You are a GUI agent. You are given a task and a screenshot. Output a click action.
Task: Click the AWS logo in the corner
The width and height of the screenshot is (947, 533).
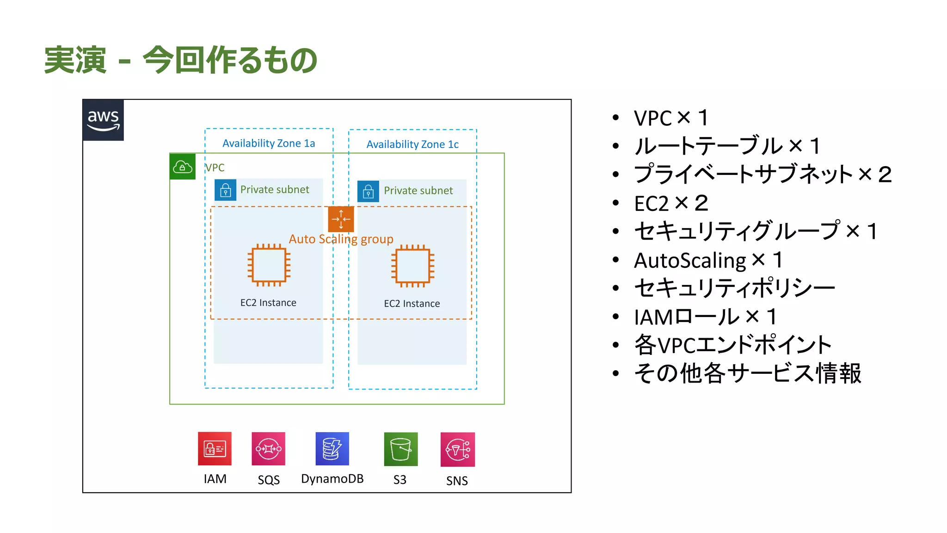(103, 120)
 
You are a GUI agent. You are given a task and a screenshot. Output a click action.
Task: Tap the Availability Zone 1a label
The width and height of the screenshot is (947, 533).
(269, 143)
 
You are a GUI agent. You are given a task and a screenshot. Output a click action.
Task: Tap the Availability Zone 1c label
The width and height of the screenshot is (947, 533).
(412, 144)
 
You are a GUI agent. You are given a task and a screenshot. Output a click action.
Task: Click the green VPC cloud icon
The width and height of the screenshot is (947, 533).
(182, 167)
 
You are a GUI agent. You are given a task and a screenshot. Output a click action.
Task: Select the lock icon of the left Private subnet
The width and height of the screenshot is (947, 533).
(225, 190)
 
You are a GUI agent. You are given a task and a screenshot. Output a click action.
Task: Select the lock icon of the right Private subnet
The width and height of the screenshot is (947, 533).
(368, 191)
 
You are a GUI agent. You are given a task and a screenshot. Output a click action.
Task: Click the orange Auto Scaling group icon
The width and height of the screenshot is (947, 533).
(341, 219)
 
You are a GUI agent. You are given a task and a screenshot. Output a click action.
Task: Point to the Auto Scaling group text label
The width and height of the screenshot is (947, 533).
(341, 239)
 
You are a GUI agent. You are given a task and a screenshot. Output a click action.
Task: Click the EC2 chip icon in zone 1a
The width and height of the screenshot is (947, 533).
(269, 265)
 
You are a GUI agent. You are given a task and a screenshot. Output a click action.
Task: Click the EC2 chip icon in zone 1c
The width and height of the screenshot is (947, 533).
(412, 266)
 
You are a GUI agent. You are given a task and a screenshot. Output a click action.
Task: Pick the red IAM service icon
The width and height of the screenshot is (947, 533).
(215, 448)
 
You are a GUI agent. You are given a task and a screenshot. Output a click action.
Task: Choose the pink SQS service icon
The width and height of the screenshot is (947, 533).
(268, 448)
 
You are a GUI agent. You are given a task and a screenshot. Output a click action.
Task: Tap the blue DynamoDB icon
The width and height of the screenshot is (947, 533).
(332, 448)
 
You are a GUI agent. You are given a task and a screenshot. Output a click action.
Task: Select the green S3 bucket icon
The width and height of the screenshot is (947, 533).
(400, 449)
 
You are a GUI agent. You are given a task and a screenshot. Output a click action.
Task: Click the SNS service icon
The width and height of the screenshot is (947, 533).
(457, 449)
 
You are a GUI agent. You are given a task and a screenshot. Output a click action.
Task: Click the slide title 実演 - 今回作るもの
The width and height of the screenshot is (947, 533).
(180, 60)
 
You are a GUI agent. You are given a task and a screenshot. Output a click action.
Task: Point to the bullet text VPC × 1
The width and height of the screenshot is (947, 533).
(670, 118)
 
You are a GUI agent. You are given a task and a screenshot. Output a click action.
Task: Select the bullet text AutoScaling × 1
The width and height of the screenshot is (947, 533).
(707, 260)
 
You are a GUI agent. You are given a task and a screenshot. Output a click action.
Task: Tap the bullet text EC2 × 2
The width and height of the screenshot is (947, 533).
(670, 204)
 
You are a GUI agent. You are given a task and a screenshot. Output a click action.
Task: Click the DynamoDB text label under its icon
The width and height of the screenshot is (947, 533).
(332, 479)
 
